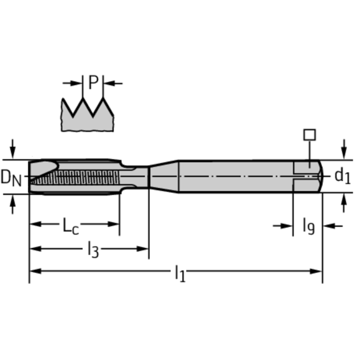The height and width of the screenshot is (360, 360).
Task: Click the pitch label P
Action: coord(93,83)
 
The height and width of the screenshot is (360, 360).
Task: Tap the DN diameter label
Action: coord(11,177)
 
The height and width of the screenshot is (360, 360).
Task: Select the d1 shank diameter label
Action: coord(342,176)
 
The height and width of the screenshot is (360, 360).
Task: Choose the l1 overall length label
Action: coord(180,273)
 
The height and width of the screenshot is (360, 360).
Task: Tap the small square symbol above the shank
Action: coord(309,135)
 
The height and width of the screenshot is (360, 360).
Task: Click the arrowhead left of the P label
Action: coord(78,84)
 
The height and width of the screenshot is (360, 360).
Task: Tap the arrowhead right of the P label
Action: coord(108,84)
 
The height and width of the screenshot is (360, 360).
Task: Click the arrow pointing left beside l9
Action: coord(328,226)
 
